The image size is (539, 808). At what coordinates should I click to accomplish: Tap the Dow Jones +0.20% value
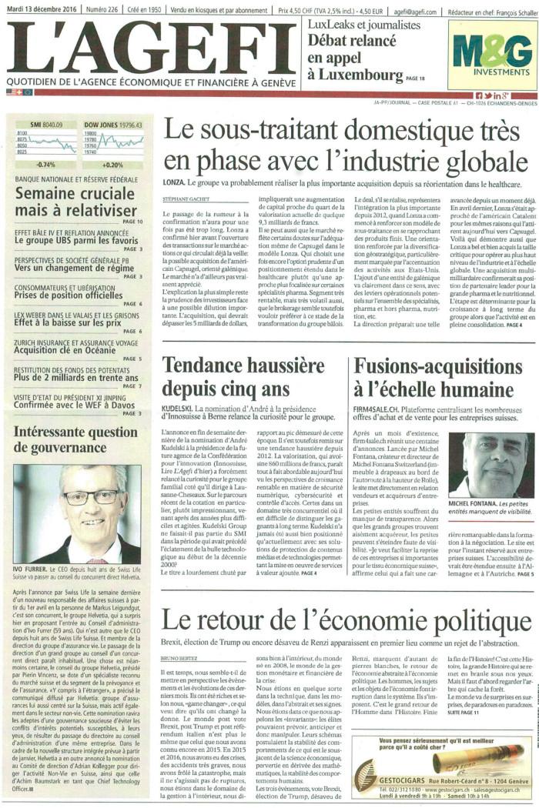102,165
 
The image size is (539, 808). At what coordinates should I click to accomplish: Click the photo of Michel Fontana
490,464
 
